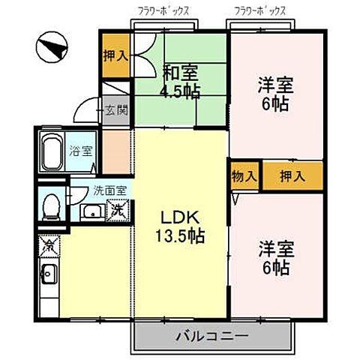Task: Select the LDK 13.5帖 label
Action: (x=182, y=225)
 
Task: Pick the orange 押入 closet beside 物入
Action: (x=291, y=176)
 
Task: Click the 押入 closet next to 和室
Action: (x=115, y=55)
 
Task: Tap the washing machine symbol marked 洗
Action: (x=118, y=210)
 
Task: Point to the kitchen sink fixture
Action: (x=49, y=276)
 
